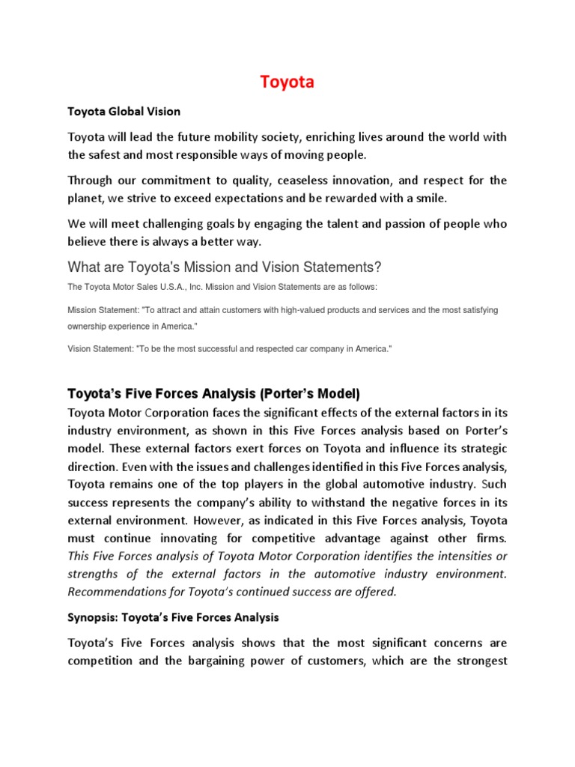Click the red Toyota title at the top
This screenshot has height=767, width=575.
[x=287, y=82]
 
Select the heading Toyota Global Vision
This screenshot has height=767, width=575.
[x=124, y=111]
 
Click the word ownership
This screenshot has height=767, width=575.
[x=90, y=327]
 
